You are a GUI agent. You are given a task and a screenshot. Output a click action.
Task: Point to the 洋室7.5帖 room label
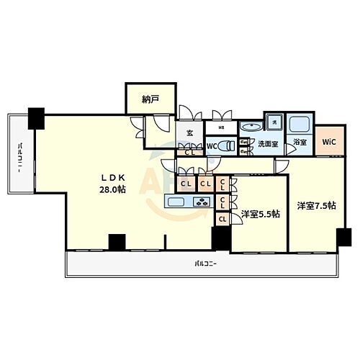(x=314, y=205)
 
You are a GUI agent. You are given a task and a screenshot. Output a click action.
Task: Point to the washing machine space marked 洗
(x=274, y=122)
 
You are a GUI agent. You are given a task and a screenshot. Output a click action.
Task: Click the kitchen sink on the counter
(x=181, y=202)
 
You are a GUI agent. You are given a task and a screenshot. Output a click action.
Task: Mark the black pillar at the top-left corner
(x=35, y=114)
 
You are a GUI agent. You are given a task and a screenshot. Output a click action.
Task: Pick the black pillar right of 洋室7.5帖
(x=344, y=235)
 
